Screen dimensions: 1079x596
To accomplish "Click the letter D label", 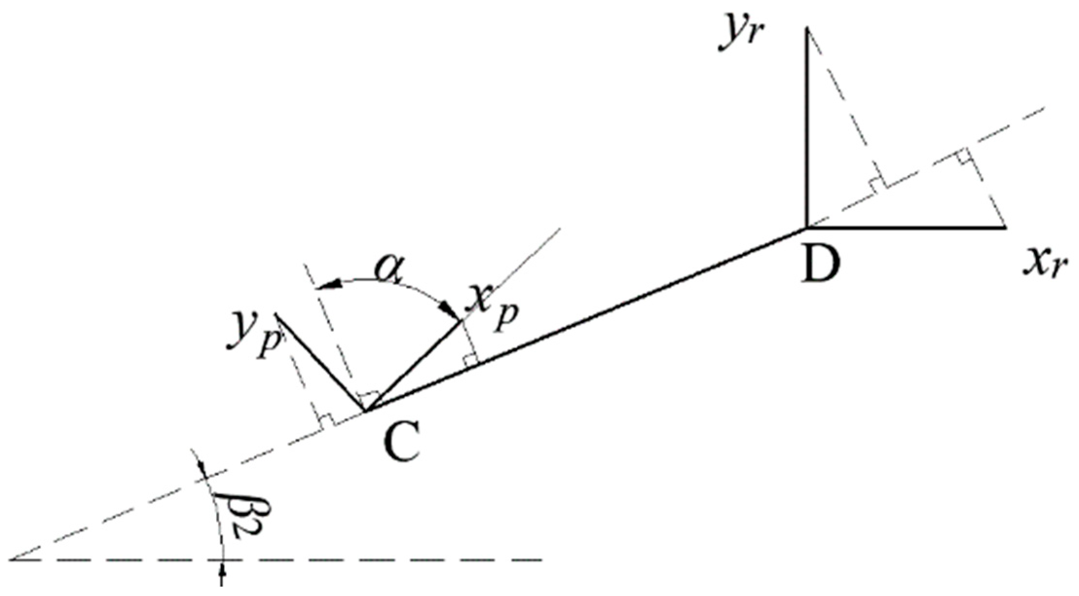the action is pyautogui.click(x=821, y=265).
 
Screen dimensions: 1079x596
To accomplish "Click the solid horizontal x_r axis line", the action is pyautogui.click(x=905, y=227).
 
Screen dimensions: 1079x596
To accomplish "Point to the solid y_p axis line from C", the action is pyautogui.click(x=319, y=362).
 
